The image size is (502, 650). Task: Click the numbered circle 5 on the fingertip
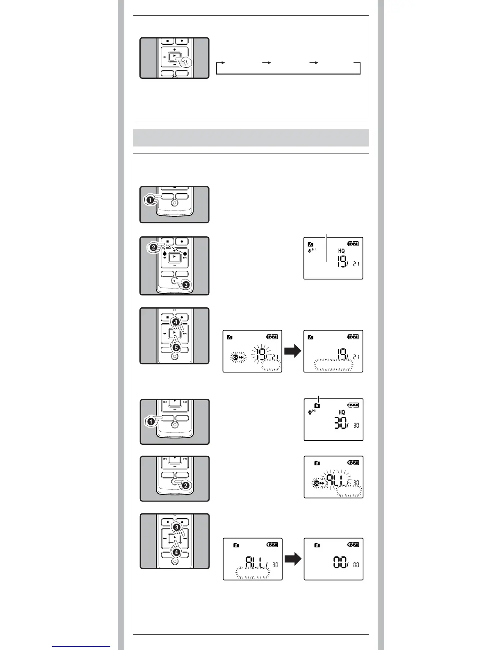tap(175, 347)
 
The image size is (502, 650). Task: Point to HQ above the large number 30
tap(341, 412)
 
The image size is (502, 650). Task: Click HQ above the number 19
tap(341, 251)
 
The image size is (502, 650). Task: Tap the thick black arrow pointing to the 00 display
tap(293, 559)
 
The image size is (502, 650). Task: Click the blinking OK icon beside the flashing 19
tap(235, 357)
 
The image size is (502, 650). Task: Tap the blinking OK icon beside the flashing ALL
tap(316, 483)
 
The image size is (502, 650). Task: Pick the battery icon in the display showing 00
tap(353, 545)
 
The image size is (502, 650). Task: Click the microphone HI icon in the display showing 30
tap(312, 412)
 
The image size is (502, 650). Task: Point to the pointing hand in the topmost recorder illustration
tap(185, 62)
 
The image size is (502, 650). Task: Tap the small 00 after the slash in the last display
tap(356, 565)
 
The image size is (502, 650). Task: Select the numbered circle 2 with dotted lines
tap(153, 247)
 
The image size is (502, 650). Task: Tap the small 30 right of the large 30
tap(356, 426)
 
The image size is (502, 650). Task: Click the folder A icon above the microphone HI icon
tap(310, 245)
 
